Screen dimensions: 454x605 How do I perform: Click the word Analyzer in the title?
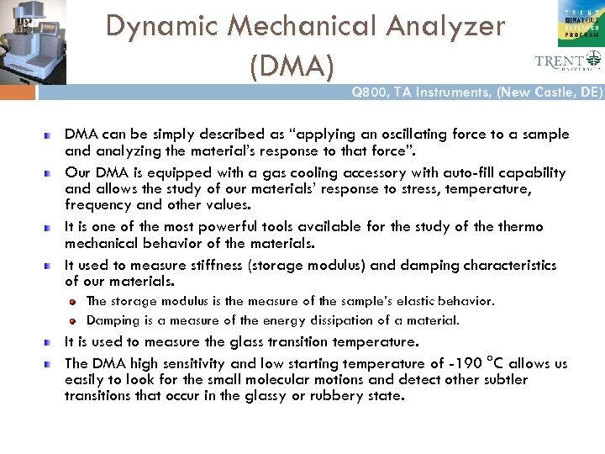coord(446,27)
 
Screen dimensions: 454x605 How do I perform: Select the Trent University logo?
coord(568,61)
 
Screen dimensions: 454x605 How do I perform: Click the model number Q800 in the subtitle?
coord(370,93)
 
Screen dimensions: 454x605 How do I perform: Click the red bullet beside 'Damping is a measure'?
coord(74,320)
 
